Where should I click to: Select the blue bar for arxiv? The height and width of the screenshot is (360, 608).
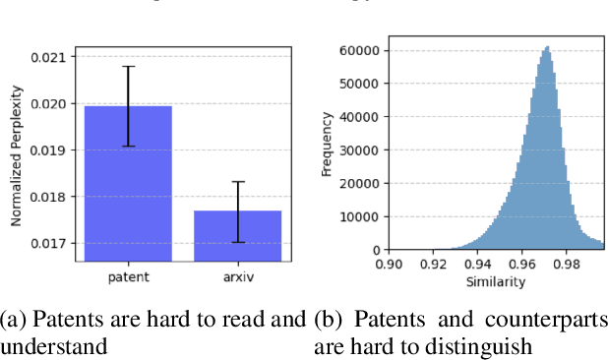238,236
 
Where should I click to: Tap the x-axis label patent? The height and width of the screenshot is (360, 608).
128,276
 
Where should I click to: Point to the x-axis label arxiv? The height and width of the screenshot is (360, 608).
238,276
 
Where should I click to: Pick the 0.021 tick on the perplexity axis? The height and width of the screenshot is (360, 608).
54,57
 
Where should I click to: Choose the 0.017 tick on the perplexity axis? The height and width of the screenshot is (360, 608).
54,243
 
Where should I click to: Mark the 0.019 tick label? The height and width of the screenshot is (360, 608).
54,150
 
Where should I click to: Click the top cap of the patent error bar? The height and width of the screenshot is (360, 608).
128,66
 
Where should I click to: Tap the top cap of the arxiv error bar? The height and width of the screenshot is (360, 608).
238,182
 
